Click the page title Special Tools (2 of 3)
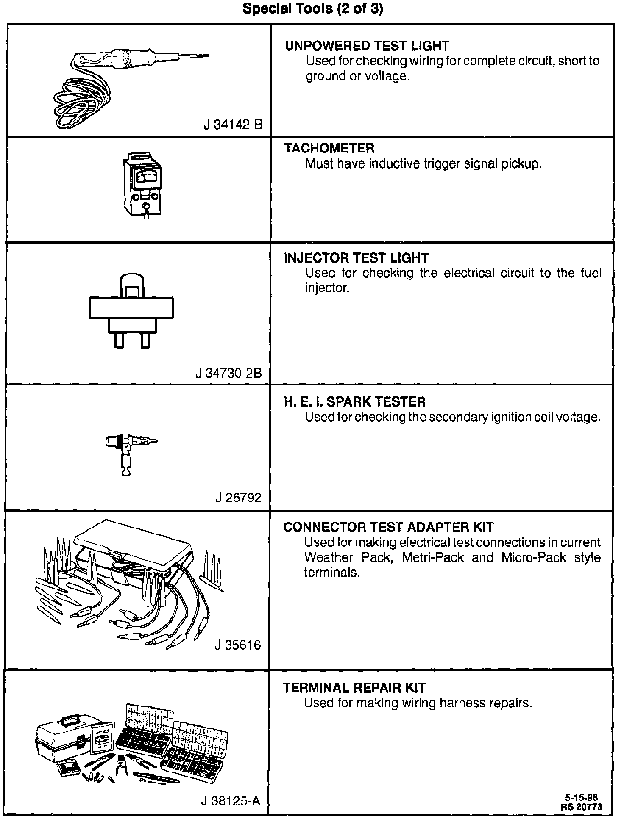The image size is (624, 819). (312, 9)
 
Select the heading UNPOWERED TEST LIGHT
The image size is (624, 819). (367, 46)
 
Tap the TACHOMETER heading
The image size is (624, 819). (329, 148)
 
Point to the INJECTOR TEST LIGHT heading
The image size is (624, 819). (356, 258)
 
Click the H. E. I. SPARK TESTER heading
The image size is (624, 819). (354, 402)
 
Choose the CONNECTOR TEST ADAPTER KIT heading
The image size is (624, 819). (388, 527)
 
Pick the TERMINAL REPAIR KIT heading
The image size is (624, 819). (354, 688)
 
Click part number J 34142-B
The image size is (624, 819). (233, 125)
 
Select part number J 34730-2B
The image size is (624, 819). (228, 373)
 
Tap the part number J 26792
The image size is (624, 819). (238, 498)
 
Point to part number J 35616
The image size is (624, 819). (238, 645)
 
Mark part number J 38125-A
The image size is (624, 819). (231, 801)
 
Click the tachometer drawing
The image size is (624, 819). (143, 185)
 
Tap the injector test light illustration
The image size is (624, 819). (131, 310)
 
